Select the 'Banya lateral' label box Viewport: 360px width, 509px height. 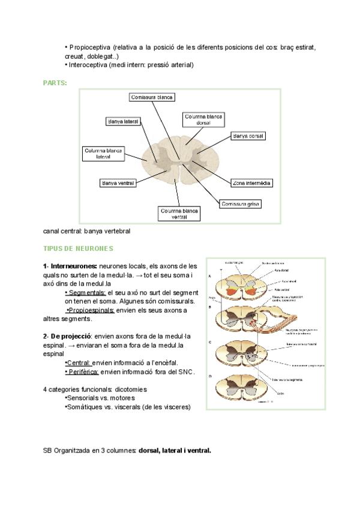pyautogui.click(x=123, y=121)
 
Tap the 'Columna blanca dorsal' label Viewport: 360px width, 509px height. pyautogui.click(x=203, y=119)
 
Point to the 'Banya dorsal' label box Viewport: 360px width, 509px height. pyautogui.click(x=247, y=136)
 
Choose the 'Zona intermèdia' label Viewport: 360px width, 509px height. pyautogui.click(x=251, y=182)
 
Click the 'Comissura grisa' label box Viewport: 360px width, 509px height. pyautogui.click(x=240, y=204)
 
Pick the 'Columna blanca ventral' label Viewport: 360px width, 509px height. pyautogui.click(x=180, y=214)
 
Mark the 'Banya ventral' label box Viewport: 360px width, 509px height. pyautogui.click(x=118, y=182)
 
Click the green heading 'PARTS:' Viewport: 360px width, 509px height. pyautogui.click(x=55, y=82)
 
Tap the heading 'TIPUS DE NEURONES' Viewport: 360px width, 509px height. pyautogui.click(x=78, y=248)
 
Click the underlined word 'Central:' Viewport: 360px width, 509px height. pyautogui.click(x=77, y=363)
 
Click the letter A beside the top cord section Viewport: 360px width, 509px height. pyautogui.click(x=209, y=276)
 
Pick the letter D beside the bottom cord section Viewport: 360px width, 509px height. pyautogui.click(x=209, y=376)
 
